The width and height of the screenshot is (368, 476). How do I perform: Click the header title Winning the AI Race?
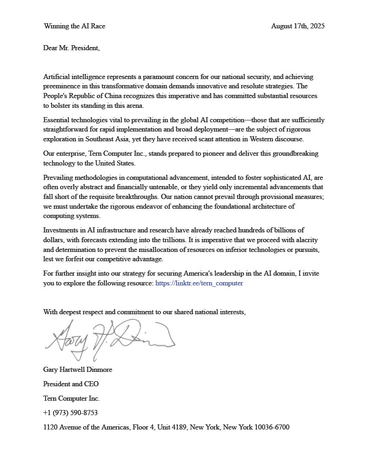click(x=74, y=26)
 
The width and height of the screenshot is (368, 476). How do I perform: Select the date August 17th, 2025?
click(x=298, y=26)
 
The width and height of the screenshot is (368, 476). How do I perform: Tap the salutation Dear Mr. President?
click(x=71, y=47)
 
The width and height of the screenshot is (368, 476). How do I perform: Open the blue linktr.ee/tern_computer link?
click(x=199, y=283)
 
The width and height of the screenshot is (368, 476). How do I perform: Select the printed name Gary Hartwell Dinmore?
click(x=78, y=370)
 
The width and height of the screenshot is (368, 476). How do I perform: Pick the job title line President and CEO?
click(x=71, y=384)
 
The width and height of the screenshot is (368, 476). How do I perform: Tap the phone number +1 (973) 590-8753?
click(x=70, y=413)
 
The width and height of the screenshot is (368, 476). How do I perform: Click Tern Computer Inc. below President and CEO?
click(x=71, y=398)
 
